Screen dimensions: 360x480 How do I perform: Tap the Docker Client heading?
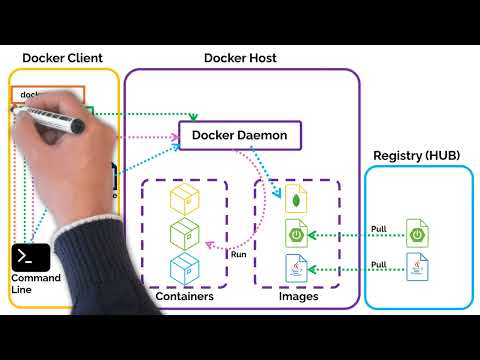pos(62,57)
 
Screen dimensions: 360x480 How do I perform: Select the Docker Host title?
pos(240,57)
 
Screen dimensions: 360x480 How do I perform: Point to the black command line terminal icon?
pos(30,257)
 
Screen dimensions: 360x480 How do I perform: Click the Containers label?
pos(185,297)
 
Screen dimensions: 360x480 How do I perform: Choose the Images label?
pos(298,297)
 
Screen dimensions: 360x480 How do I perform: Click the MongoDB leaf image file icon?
pos(297,199)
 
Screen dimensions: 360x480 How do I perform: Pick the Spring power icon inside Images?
pos(297,235)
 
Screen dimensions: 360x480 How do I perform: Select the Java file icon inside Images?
pos(297,268)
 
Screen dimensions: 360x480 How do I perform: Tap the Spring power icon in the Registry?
pos(418,235)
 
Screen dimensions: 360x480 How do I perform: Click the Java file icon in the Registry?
pos(418,268)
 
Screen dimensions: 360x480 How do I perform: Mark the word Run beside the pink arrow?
pos(239,254)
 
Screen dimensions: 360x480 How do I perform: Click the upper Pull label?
pos(378,229)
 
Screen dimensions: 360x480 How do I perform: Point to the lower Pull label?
pos(378,263)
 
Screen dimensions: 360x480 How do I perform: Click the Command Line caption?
pos(35,283)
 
